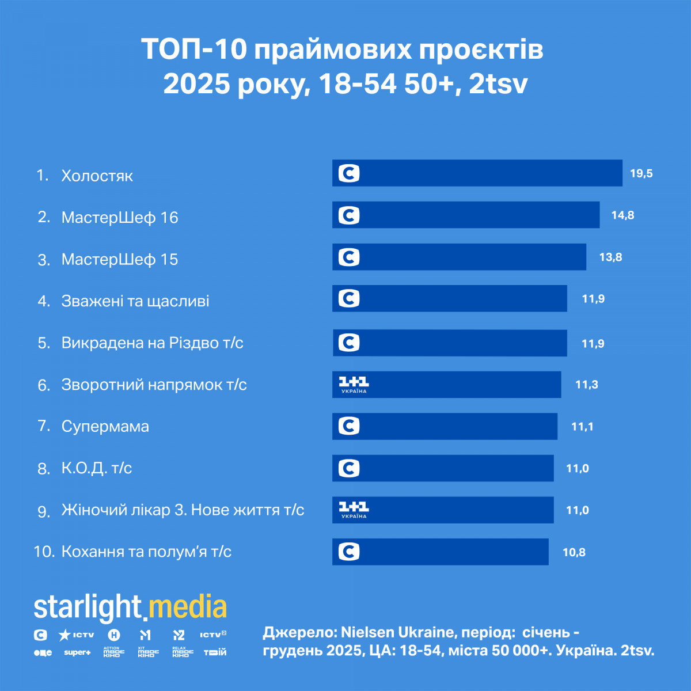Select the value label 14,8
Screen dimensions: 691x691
click(622, 215)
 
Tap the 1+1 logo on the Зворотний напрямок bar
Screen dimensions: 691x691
click(353, 384)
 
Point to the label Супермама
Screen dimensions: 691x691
click(105, 427)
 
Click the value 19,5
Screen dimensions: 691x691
click(641, 173)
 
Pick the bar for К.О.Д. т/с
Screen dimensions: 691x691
click(443, 468)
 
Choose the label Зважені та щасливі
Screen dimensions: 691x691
click(135, 301)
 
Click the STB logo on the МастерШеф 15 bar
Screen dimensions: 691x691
click(349, 257)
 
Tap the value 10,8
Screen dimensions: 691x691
click(574, 552)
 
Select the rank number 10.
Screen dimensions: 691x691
click(44, 552)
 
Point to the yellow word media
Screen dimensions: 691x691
click(188, 608)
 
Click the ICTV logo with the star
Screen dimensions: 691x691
click(77, 635)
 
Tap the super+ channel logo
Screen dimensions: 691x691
click(77, 652)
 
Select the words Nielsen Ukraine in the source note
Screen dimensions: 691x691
click(397, 632)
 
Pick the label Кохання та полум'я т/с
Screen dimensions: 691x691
click(146, 552)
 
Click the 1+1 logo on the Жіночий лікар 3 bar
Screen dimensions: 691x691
click(353, 509)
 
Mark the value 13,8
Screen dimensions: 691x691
click(610, 257)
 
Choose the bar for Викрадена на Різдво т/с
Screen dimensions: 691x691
click(450, 343)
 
